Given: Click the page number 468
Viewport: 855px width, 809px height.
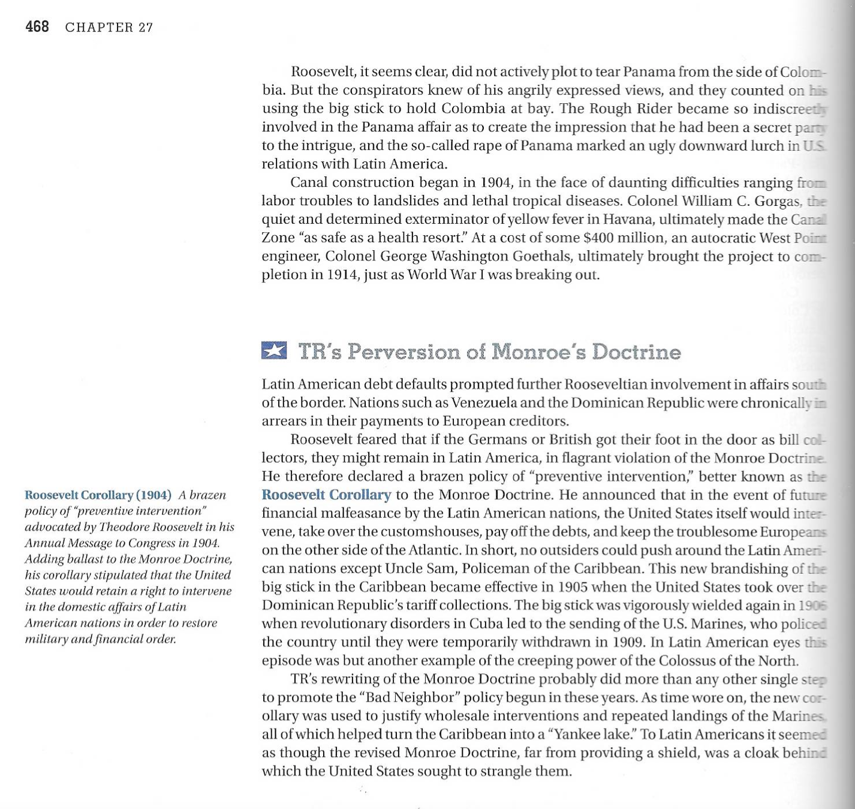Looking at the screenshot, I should (37, 27).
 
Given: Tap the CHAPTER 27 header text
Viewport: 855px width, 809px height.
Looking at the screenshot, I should (109, 28).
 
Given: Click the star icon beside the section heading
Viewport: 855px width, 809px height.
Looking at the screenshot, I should (274, 350).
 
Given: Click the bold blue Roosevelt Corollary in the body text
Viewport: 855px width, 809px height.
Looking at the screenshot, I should (326, 495).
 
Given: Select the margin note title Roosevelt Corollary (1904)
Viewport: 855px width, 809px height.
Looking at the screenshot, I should (98, 495).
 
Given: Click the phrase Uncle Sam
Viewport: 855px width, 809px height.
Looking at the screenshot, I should (420, 568).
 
